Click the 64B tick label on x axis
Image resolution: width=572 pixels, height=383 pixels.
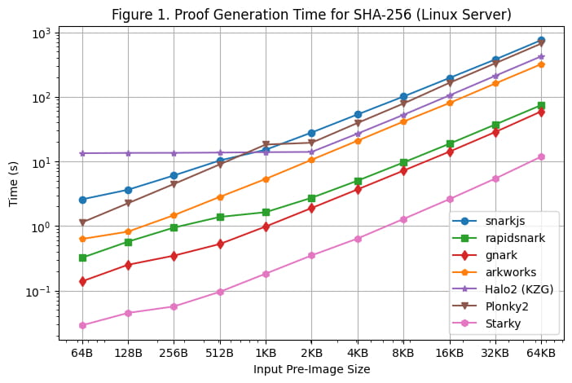click(x=82, y=352)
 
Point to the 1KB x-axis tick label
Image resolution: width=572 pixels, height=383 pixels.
click(x=266, y=352)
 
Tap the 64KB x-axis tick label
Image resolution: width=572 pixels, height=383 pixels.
click(x=541, y=352)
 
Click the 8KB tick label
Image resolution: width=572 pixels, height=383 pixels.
click(x=403, y=352)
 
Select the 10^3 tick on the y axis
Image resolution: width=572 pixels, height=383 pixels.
click(x=41, y=33)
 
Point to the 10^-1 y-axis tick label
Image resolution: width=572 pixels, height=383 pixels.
click(x=39, y=292)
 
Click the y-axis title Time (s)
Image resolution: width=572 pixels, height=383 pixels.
click(x=15, y=184)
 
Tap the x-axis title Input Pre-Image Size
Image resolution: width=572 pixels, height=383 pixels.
click(x=312, y=369)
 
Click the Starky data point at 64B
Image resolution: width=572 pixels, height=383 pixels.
click(x=82, y=325)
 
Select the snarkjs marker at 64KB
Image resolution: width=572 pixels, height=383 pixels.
click(x=541, y=40)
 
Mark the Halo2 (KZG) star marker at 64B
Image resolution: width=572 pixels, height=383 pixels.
click(x=82, y=153)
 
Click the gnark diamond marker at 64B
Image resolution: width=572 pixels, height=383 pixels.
click(x=82, y=281)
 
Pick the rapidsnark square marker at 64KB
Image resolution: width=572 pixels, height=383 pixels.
click(x=541, y=105)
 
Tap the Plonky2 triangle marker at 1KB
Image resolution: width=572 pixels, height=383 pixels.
click(x=266, y=145)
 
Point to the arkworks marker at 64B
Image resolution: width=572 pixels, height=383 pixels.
click(x=82, y=239)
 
